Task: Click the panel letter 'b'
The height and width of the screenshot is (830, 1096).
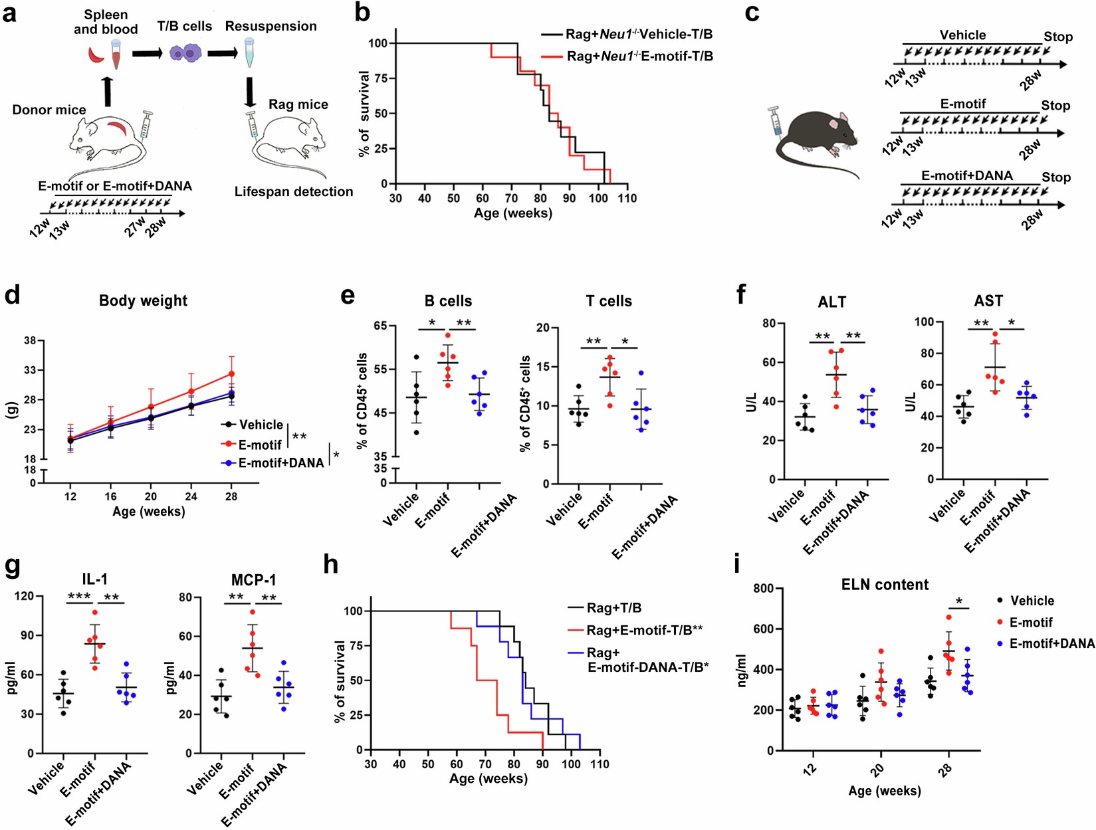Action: (362, 13)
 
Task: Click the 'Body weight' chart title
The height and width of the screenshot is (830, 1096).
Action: (143, 300)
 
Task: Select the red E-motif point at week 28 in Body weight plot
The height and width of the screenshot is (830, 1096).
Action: (231, 374)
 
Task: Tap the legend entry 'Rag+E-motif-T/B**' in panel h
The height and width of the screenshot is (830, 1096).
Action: (644, 630)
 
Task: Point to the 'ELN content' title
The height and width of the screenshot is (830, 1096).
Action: (884, 585)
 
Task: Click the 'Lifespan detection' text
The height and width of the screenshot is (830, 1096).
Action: (294, 192)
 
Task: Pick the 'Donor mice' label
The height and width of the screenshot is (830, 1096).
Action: (49, 110)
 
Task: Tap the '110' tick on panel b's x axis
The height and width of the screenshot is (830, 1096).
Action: (627, 198)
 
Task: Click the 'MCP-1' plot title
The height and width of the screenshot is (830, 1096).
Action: (253, 580)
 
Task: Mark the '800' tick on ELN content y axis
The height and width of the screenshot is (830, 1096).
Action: (764, 589)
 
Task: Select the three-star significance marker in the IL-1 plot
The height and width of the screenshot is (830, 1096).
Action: (79, 597)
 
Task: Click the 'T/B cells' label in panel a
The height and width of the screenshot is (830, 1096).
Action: (185, 27)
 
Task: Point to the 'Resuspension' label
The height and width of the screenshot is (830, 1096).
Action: (271, 27)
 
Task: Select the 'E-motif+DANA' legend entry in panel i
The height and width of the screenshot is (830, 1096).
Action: (1051, 644)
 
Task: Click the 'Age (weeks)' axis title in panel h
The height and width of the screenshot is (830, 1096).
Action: (488, 779)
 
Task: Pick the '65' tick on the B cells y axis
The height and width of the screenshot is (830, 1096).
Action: (380, 326)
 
